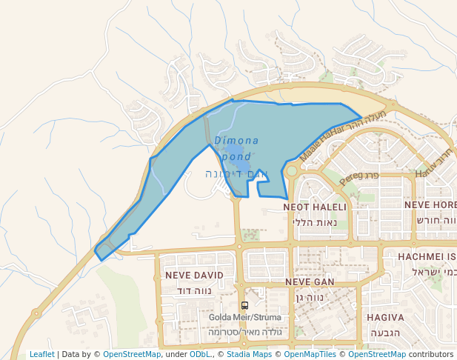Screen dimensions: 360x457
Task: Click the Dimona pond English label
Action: (x=236, y=148)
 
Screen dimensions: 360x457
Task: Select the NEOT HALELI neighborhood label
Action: (x=315, y=207)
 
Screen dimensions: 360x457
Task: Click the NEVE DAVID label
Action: (x=194, y=275)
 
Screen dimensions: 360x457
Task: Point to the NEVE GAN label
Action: (x=310, y=282)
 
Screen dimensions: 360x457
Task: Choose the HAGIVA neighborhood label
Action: (x=385, y=317)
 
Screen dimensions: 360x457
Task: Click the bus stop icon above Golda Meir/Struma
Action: (x=244, y=305)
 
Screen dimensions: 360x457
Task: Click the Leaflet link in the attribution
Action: (x=41, y=354)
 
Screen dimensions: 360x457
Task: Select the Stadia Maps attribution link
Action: (x=249, y=354)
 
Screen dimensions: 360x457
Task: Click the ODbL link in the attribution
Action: (x=201, y=354)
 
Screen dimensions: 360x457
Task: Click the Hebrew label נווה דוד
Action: (x=194, y=290)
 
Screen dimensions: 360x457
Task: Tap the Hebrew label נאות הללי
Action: (x=315, y=222)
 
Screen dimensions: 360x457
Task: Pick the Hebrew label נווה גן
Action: (x=310, y=298)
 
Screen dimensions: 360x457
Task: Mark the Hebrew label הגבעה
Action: (x=385, y=333)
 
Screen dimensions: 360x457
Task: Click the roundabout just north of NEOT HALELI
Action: (x=291, y=171)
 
